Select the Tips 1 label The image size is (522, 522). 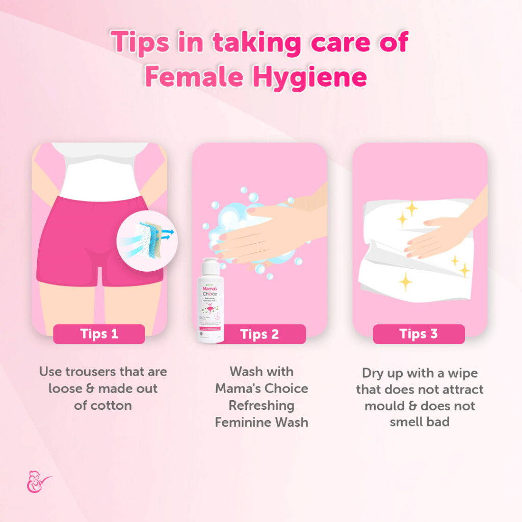[x=99, y=334]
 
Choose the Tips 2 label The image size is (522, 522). [x=259, y=334]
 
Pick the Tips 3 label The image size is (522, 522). [x=419, y=334]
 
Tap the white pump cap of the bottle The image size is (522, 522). [x=211, y=266]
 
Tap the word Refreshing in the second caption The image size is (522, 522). [x=262, y=406]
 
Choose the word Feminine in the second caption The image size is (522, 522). [x=239, y=422]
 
